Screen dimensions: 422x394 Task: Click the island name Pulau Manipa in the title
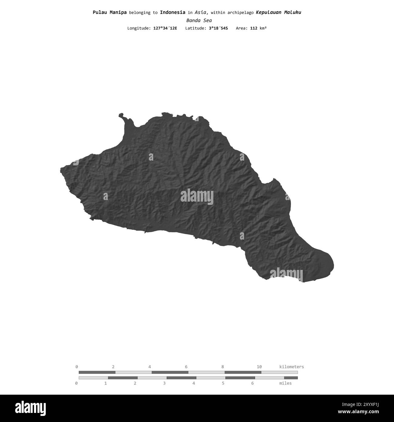tap(110, 12)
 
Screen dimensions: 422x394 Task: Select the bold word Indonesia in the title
tap(172, 12)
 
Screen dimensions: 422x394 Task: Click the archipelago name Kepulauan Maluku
tap(279, 12)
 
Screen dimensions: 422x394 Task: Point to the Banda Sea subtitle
tap(199, 21)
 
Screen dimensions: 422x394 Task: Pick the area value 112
tap(254, 28)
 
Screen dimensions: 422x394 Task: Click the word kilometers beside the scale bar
tap(291, 367)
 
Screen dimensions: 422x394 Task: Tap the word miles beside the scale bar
tap(285, 383)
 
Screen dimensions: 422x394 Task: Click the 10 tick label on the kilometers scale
tap(259, 367)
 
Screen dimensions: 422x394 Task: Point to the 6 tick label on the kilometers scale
tap(186, 367)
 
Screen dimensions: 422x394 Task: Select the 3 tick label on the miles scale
tap(164, 383)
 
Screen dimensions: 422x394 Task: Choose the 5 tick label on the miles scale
tap(223, 383)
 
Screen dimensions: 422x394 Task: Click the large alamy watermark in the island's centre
tap(197, 197)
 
